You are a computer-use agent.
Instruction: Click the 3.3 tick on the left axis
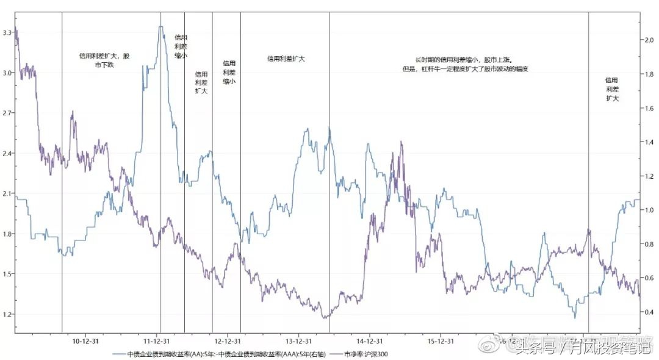[7, 32]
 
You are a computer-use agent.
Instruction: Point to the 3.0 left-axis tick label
[7, 73]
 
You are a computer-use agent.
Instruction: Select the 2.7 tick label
[7, 113]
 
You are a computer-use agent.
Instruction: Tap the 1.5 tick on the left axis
[7, 274]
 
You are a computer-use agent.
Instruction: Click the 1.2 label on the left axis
[7, 314]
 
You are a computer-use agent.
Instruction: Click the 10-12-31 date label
[85, 341]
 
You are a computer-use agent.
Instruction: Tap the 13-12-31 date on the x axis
[299, 341]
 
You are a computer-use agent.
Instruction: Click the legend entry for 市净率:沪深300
[366, 354]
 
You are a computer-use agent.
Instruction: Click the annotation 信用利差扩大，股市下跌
[104, 60]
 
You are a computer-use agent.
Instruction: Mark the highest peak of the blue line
[160, 26]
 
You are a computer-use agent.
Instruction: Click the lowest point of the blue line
[574, 317]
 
